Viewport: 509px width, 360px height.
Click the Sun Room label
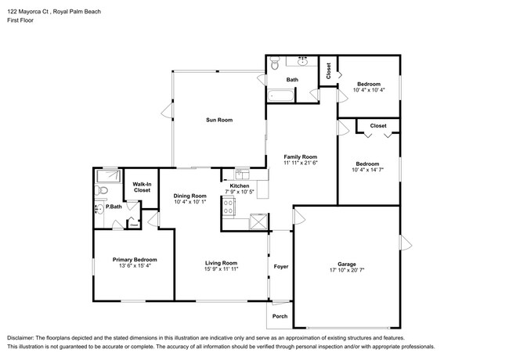(219, 120)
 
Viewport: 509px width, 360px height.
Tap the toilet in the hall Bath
(275, 63)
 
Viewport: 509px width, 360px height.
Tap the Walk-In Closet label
(142, 187)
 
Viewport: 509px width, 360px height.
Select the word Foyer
(280, 267)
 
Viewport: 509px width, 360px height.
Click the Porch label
(280, 316)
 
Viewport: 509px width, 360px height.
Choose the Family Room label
(300, 157)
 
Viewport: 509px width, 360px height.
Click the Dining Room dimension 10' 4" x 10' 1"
(190, 203)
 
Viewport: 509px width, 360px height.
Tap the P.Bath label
(114, 207)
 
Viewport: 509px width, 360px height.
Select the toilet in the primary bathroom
(101, 207)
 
